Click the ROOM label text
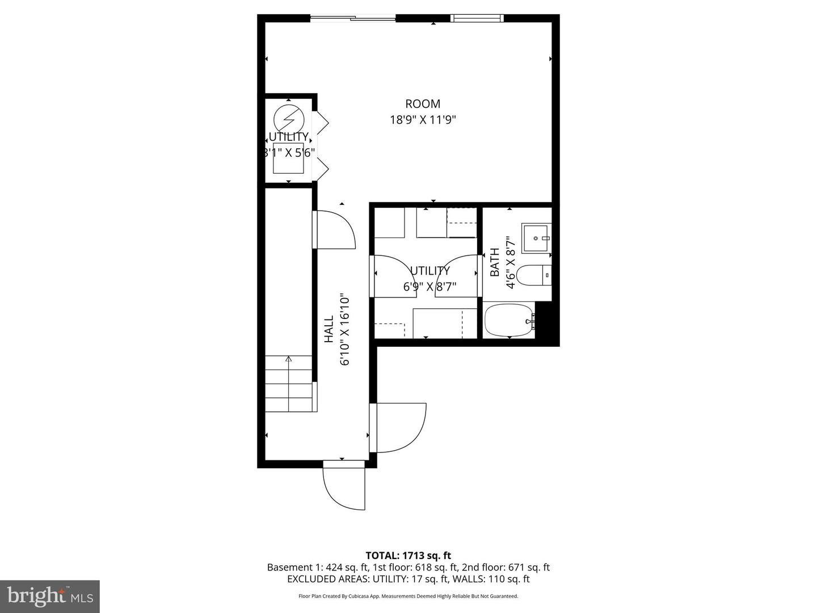pos(422,104)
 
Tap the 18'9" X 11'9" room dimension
pos(423,120)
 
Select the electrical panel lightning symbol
pos(289,119)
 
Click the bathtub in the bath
pos(509,321)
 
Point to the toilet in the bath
pos(535,276)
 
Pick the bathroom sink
pos(536,238)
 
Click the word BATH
pos(495,262)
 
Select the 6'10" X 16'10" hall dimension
pos(344,329)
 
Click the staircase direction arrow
pos(288,359)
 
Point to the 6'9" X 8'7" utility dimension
pos(429,287)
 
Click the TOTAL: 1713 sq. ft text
pos(408,556)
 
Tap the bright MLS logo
pos(50,596)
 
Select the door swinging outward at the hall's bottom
pos(344,487)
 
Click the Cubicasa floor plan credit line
pos(408,596)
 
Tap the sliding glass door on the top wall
pos(352,18)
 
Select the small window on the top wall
pos(477,18)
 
